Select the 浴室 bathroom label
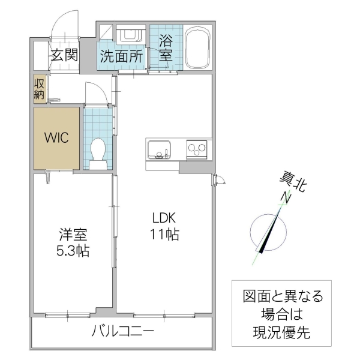(x=166, y=48)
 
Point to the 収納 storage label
(x=39, y=88)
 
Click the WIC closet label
(x=57, y=136)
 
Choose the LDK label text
(x=163, y=217)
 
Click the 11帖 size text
(x=163, y=235)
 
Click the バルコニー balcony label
(x=123, y=331)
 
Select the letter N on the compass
(x=287, y=198)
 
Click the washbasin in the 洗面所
(x=128, y=35)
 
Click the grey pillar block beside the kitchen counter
(x=195, y=167)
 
